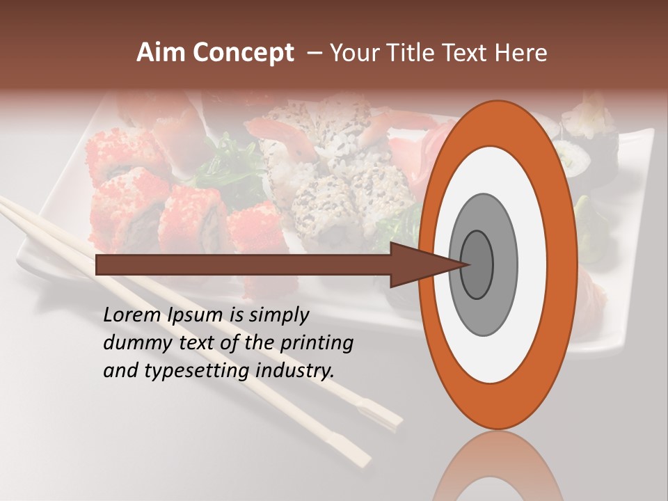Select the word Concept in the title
[x=243, y=54]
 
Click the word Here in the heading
[x=522, y=53]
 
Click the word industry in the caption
[x=295, y=371]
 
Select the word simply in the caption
[x=278, y=315]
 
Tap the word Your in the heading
[x=351, y=53]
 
